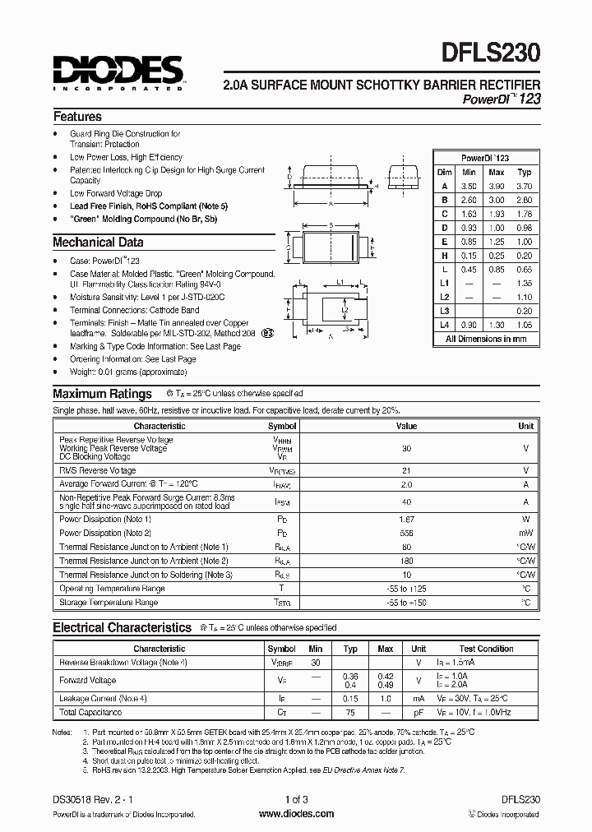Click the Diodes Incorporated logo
[x=119, y=72]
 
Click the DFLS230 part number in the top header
[x=495, y=55]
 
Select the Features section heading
[x=77, y=117]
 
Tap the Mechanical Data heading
[x=98, y=243]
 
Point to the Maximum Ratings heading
[x=102, y=394]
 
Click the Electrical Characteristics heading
[x=122, y=627]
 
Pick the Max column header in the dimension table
[x=496, y=172]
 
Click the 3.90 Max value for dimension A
[x=496, y=186]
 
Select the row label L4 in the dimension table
[x=444, y=325]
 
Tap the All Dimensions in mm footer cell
[x=486, y=339]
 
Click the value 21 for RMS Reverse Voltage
[x=406, y=470]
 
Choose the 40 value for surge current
[x=406, y=502]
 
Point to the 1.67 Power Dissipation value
[x=406, y=520]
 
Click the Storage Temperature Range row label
[x=109, y=603]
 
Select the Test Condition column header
[x=487, y=649]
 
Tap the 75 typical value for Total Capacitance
[x=351, y=713]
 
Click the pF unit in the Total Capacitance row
[x=419, y=713]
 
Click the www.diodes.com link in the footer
[x=296, y=814]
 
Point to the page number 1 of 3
[x=296, y=799]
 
